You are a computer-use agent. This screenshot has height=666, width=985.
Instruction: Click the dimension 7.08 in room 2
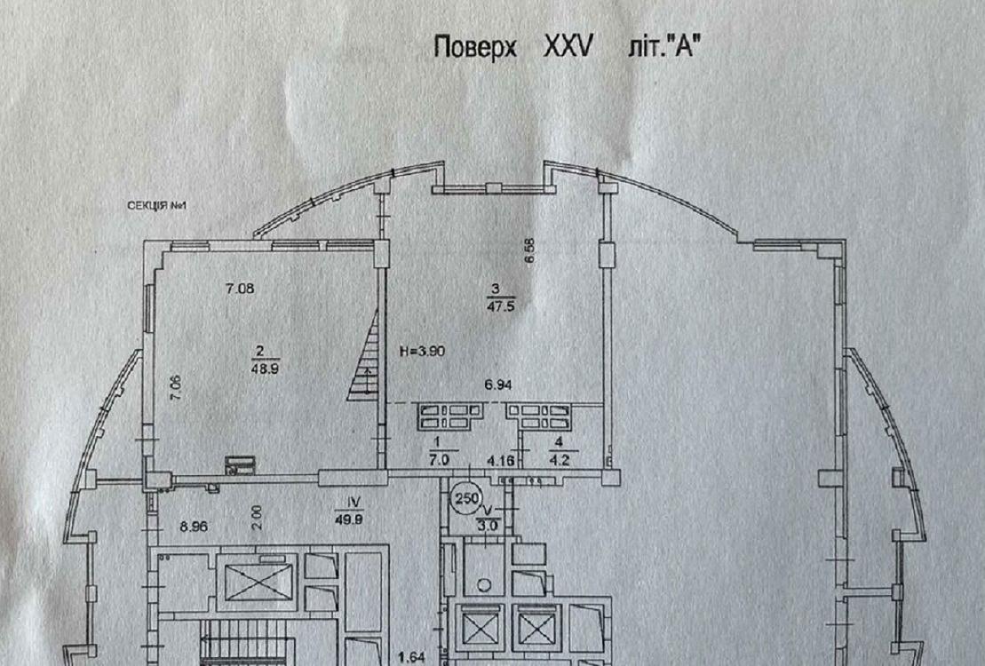click(x=241, y=288)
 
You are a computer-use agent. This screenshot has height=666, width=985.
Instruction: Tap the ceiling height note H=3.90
click(x=424, y=351)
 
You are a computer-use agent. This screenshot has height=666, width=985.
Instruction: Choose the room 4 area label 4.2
click(x=559, y=460)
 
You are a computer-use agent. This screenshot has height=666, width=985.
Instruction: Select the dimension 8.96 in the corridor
click(x=193, y=526)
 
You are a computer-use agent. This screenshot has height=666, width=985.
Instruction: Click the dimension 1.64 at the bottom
click(x=409, y=658)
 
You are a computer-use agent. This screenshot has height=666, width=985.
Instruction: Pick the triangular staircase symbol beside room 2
click(x=363, y=377)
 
